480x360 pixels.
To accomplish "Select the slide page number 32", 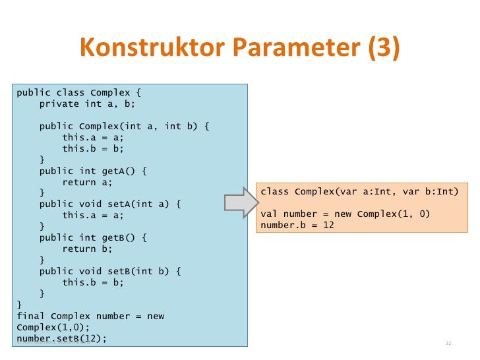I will click(x=448, y=344).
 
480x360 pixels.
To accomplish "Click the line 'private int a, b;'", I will click(x=87, y=104).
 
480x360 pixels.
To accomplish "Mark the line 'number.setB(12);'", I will click(x=61, y=339).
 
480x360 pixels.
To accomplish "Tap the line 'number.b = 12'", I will click(x=297, y=225).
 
